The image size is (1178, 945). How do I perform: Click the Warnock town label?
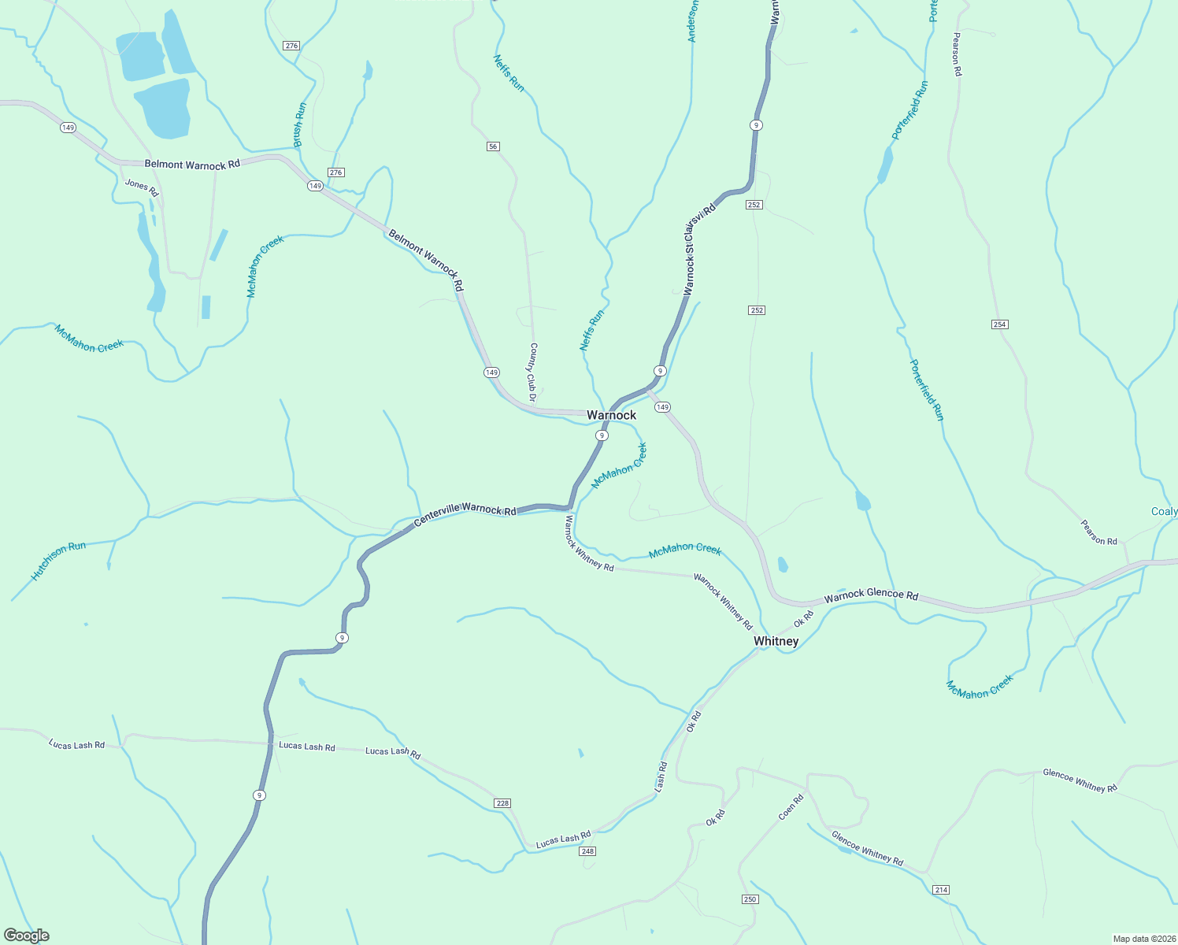611,415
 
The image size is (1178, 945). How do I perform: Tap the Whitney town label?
776,641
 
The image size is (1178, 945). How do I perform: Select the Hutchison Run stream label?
58,561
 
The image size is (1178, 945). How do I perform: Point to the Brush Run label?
299,124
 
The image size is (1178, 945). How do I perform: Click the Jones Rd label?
142,187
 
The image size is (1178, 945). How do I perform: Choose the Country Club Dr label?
532,372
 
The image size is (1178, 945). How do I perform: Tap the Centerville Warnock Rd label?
465,510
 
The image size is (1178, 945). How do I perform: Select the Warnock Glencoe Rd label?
871,595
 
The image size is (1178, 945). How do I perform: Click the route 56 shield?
493,146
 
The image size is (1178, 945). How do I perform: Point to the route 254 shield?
1000,324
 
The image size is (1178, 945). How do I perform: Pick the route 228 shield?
502,803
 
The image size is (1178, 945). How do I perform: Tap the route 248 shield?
587,851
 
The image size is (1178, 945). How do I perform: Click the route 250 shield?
750,899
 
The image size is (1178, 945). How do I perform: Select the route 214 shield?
941,890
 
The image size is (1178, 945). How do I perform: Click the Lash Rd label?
661,776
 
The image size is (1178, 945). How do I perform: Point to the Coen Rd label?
791,807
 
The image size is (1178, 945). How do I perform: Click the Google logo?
27,936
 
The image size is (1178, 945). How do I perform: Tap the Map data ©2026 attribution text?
1141,939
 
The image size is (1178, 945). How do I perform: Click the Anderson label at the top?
692,20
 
